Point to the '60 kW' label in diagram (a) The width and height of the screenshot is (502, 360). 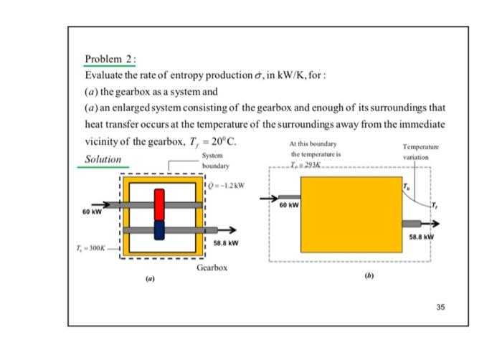[93, 212]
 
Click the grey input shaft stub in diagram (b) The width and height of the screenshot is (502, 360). [289, 196]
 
